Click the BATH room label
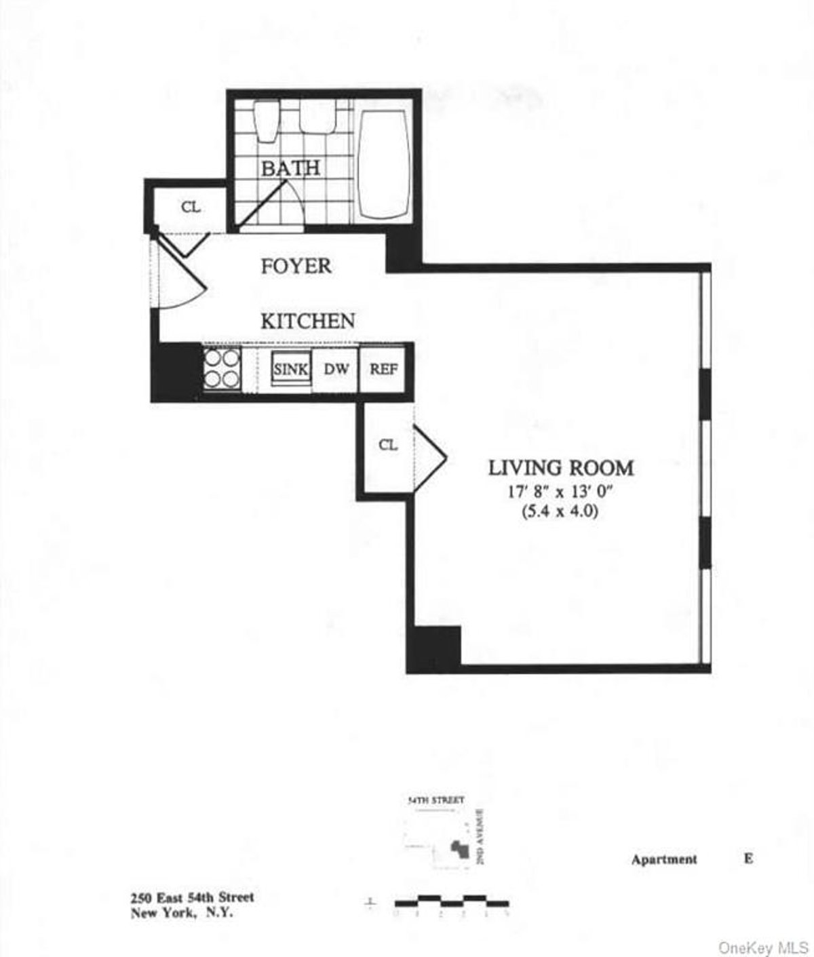coord(290,168)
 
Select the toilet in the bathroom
coord(266,121)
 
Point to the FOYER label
coord(296,266)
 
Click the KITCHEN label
coord(308,320)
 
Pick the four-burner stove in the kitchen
coord(222,369)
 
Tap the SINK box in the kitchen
coord(291,370)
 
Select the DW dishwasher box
coord(336,369)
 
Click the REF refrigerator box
coord(383,369)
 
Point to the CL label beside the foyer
coord(191,208)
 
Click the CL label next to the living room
coord(387,445)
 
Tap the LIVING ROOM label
coord(561,468)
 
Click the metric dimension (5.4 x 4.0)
coord(560,512)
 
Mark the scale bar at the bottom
coord(451,901)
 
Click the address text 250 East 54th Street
coord(192,897)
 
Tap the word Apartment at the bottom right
coord(663,859)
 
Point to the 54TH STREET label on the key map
coord(435,800)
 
